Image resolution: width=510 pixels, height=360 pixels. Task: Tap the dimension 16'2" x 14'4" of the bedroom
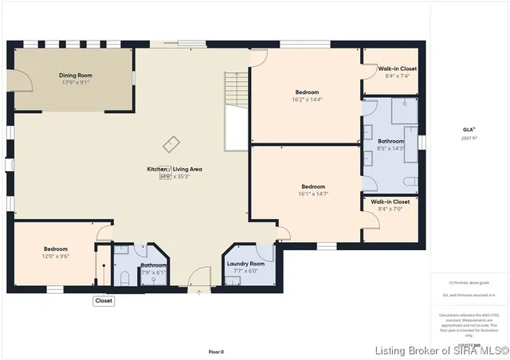307,100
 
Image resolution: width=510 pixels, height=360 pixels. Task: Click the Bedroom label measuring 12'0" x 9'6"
56,249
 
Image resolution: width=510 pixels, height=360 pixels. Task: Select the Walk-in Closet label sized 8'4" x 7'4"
396,68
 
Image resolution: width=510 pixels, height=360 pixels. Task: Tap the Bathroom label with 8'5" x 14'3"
390,141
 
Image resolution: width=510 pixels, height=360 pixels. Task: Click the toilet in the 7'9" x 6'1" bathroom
125,276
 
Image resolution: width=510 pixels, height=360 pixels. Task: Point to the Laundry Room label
245,264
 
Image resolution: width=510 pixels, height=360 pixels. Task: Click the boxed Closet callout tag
104,301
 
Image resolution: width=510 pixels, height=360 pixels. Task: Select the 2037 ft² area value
469,138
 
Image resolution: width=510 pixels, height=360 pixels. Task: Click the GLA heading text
469,128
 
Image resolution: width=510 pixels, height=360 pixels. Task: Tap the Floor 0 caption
216,351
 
